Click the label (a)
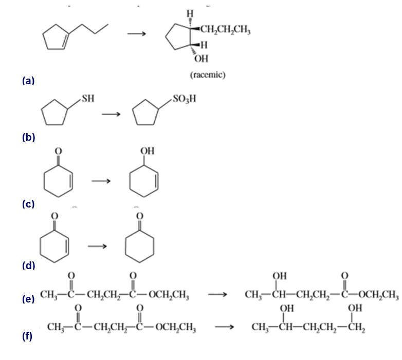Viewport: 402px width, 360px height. click(28, 81)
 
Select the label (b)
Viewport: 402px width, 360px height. click(28, 137)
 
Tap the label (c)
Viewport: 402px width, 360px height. click(28, 204)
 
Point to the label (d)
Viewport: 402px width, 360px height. click(28, 266)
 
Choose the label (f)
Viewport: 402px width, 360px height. click(28, 337)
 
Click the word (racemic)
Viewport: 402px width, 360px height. click(208, 75)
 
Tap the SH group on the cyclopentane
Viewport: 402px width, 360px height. click(87, 98)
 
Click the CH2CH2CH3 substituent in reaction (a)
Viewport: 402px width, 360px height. click(225, 29)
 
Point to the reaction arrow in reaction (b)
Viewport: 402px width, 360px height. click(114, 115)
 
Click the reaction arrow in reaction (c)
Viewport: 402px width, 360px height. click(101, 181)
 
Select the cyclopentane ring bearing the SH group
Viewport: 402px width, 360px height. click(54, 112)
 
